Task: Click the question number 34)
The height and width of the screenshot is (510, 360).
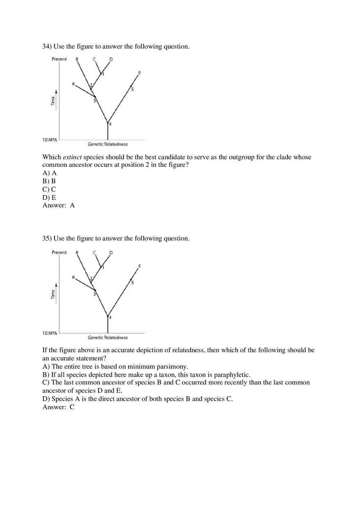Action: click(47, 47)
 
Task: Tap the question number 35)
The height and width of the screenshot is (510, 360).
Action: click(47, 238)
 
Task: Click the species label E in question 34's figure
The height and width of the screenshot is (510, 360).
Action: click(139, 73)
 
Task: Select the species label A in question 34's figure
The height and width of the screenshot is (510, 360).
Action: click(73, 84)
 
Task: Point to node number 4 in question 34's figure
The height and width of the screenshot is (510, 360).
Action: click(110, 124)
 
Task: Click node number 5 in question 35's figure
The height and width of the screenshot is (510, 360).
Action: click(133, 283)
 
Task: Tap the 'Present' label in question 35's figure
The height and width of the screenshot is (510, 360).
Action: click(59, 252)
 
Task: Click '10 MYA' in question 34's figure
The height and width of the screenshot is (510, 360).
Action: click(49, 140)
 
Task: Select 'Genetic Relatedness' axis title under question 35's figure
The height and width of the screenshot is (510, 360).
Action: click(108, 337)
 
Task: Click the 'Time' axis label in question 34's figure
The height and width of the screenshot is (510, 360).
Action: click(53, 101)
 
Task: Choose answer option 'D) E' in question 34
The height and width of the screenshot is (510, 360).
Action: click(49, 198)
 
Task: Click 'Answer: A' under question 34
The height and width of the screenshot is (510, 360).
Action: click(59, 205)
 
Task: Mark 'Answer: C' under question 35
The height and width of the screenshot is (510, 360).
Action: click(59, 407)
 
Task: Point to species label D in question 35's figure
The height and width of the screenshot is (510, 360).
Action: click(111, 253)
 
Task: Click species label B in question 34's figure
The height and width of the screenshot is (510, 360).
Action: click(77, 59)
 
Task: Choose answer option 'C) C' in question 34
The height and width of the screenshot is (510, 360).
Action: click(49, 189)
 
